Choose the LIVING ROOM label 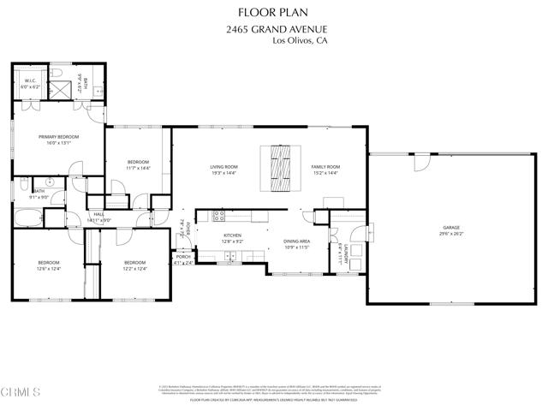(x=223, y=170)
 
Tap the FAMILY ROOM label (x=325, y=170)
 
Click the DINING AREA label (x=296, y=245)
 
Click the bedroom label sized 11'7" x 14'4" (x=138, y=165)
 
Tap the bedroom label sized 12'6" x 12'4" (x=48, y=265)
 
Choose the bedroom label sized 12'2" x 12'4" (x=134, y=265)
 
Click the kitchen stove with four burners (x=218, y=215)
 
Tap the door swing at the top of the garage (x=421, y=162)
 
